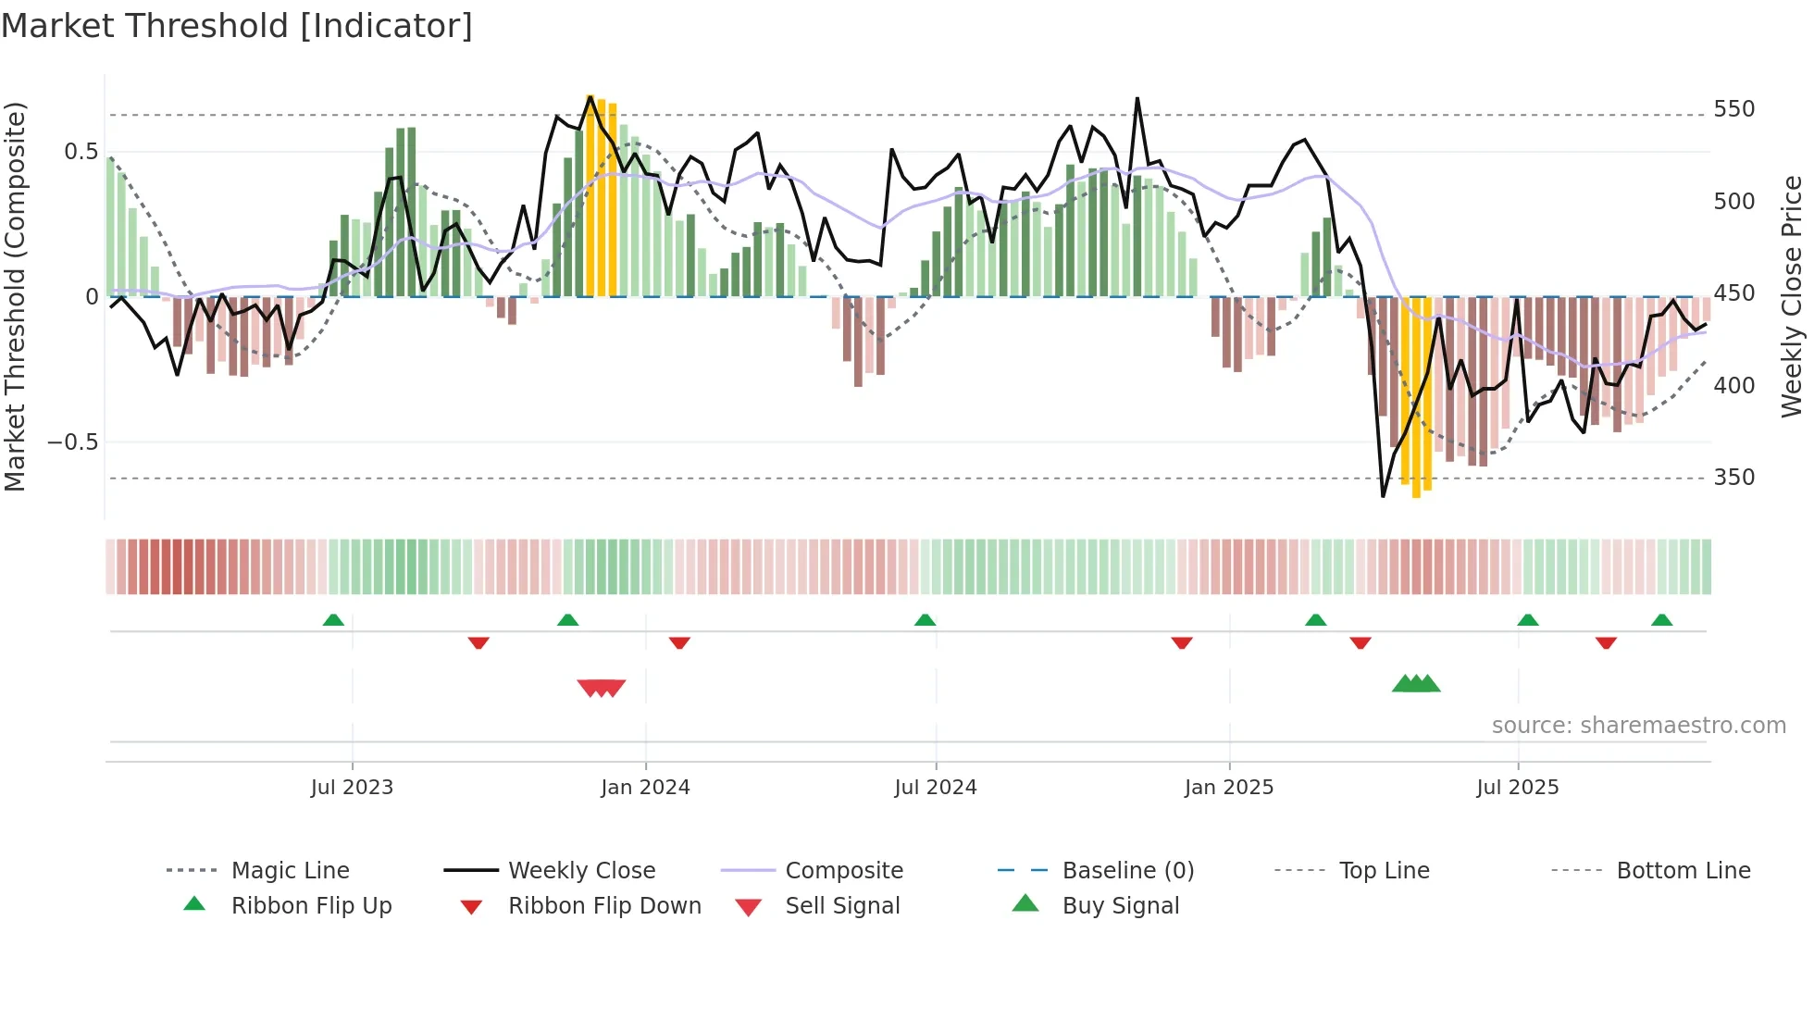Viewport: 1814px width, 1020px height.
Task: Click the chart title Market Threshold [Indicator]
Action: [237, 26]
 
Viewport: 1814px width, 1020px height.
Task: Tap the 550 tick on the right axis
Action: [1733, 109]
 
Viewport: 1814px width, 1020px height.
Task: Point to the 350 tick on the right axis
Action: [1733, 478]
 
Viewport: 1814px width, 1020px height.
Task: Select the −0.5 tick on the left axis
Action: [73, 442]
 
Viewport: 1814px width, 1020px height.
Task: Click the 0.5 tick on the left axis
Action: [81, 152]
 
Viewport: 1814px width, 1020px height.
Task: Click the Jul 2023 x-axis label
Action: [352, 788]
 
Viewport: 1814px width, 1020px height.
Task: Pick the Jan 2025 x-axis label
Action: [1228, 788]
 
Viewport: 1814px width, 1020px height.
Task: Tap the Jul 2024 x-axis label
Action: [935, 788]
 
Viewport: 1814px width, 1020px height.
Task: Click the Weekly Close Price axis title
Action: [1792, 296]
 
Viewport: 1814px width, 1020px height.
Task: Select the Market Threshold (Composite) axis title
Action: [15, 296]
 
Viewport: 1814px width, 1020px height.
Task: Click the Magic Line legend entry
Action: [290, 871]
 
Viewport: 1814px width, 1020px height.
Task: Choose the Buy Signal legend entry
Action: [1120, 906]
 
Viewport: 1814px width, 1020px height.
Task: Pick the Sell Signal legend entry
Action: [842, 906]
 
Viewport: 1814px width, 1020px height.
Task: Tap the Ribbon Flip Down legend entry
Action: [604, 906]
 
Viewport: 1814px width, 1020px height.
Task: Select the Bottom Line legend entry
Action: [1683, 871]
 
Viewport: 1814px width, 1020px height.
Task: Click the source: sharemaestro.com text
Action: [1638, 726]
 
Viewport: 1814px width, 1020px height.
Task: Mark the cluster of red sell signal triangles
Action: [602, 688]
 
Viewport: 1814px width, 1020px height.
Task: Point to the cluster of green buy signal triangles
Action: [1416, 684]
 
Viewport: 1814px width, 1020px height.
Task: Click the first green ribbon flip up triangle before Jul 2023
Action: [333, 620]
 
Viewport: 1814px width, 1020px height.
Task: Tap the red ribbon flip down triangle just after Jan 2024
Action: [679, 642]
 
